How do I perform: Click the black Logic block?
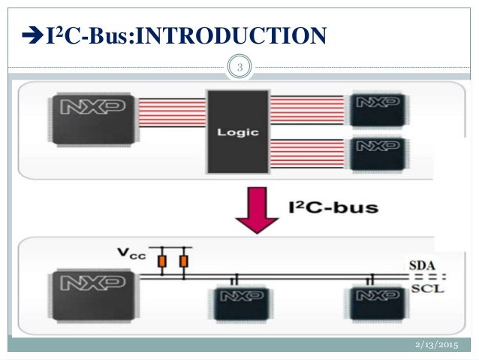click(x=237, y=132)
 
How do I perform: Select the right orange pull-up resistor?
click(x=183, y=261)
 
